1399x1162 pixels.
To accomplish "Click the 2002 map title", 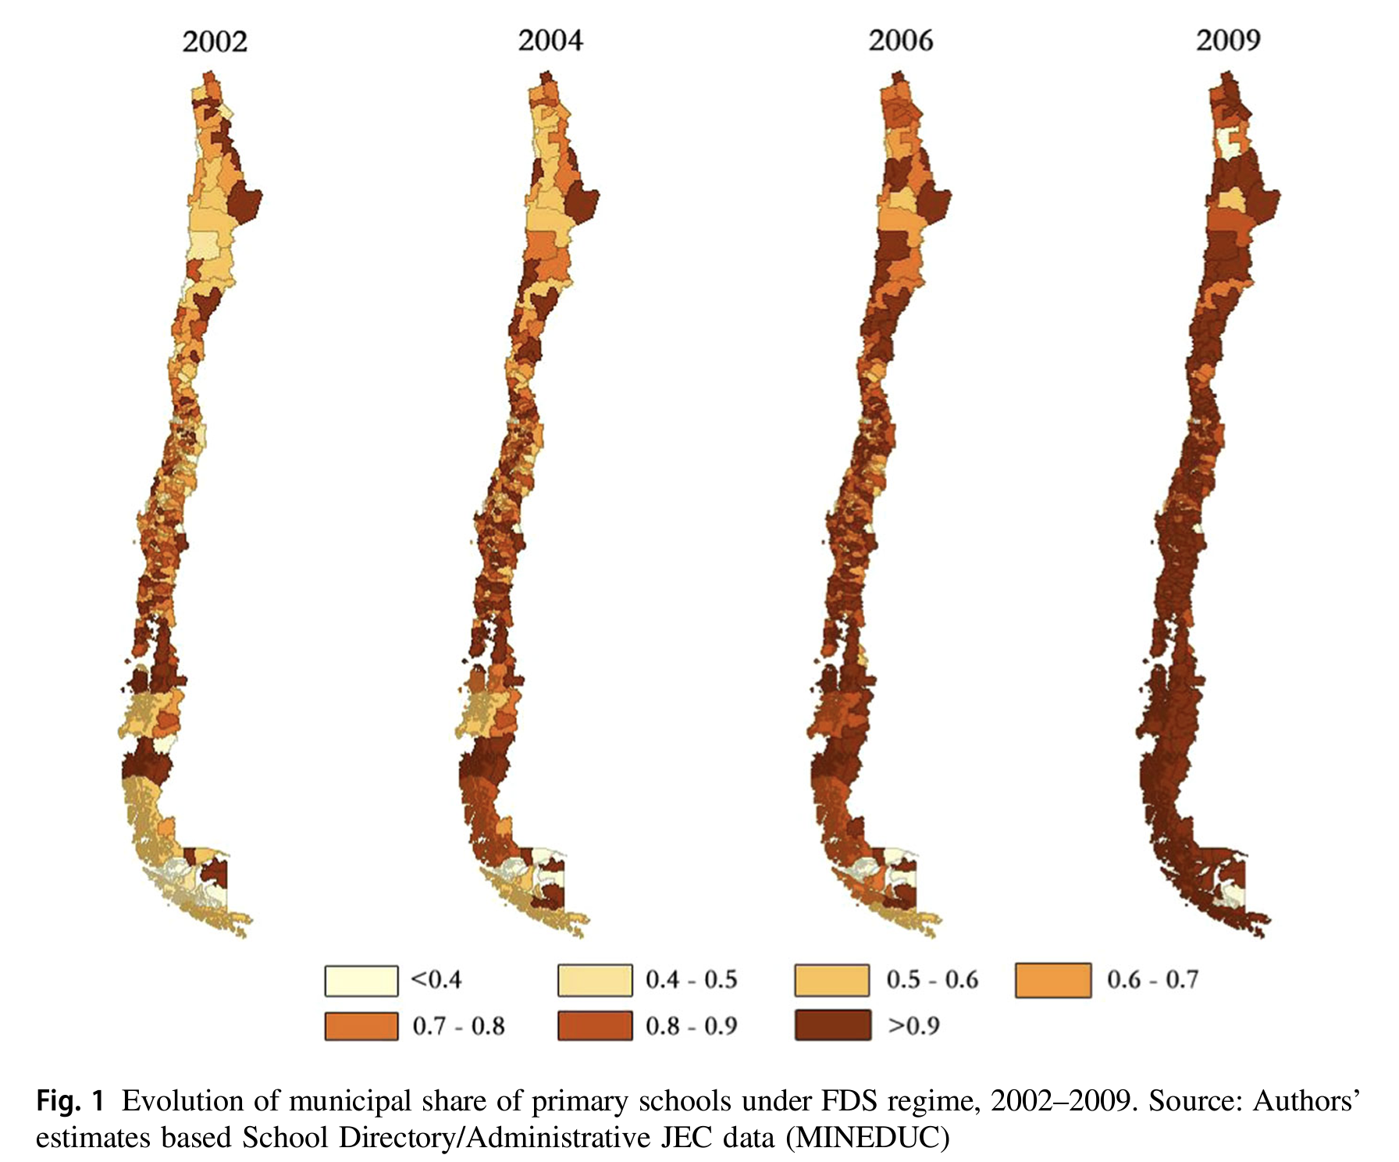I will coord(215,41).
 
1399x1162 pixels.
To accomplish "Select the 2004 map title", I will coord(550,40).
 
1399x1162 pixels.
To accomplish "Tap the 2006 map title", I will coord(901,40).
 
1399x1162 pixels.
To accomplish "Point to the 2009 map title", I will coord(1228,40).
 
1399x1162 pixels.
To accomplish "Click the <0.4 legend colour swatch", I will coord(361,981).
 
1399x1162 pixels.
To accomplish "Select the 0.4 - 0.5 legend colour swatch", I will coord(595,981).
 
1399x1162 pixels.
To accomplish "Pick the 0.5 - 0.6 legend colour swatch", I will coord(832,981).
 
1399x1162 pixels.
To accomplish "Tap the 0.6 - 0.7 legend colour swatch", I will coord(1053,981).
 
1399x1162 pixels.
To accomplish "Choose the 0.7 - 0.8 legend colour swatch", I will coord(361,1026).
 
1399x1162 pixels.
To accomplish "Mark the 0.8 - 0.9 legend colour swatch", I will coord(595,1026).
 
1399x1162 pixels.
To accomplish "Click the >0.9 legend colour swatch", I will coord(832,1025).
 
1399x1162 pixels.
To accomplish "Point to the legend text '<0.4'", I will coord(436,979).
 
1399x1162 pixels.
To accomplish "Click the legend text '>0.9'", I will coord(913,1025).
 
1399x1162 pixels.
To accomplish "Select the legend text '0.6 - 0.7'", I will coord(1152,979).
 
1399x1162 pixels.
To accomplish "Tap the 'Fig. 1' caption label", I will coord(70,1101).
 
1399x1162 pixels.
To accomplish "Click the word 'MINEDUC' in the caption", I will coord(867,1138).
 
